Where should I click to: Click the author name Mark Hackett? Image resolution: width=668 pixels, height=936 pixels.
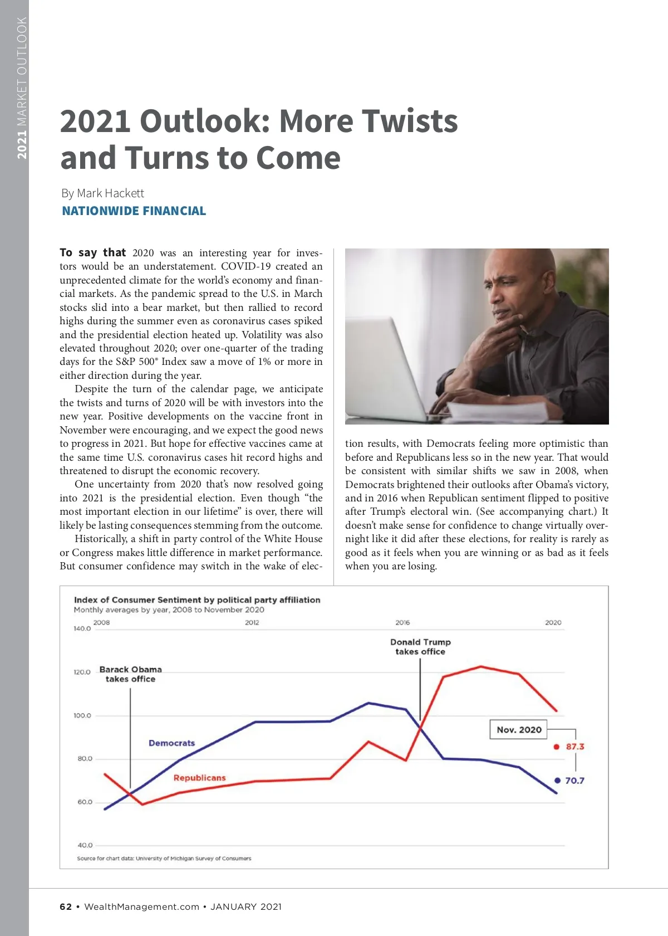click(x=110, y=193)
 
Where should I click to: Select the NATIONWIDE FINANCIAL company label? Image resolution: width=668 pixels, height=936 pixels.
click(x=134, y=211)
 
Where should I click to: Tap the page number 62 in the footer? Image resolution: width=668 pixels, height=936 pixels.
click(x=66, y=906)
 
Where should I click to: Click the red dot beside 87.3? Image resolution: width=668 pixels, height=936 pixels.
click(x=556, y=747)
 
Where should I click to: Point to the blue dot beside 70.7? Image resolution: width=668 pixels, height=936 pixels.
click(x=557, y=781)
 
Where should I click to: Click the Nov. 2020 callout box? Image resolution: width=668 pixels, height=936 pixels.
click(x=518, y=730)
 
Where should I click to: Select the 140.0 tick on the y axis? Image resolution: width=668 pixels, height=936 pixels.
click(x=82, y=628)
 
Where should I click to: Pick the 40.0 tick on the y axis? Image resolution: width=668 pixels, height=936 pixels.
click(x=85, y=845)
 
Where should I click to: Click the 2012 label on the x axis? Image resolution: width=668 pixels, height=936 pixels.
click(x=252, y=622)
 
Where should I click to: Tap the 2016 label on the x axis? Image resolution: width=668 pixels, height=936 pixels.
click(x=402, y=622)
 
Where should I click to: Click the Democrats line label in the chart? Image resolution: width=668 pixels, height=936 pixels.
click(x=171, y=743)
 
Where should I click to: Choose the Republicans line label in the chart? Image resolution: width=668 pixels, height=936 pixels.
click(x=199, y=778)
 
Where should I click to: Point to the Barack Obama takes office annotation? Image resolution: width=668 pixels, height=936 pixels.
click(x=131, y=674)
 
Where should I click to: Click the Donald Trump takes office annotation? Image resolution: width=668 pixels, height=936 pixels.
click(x=420, y=647)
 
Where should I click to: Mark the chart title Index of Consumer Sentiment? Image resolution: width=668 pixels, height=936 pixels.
click(x=197, y=600)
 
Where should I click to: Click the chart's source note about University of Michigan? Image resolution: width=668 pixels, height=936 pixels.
click(x=164, y=859)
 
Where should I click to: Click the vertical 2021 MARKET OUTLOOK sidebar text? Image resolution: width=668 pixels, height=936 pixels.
click(x=22, y=87)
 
